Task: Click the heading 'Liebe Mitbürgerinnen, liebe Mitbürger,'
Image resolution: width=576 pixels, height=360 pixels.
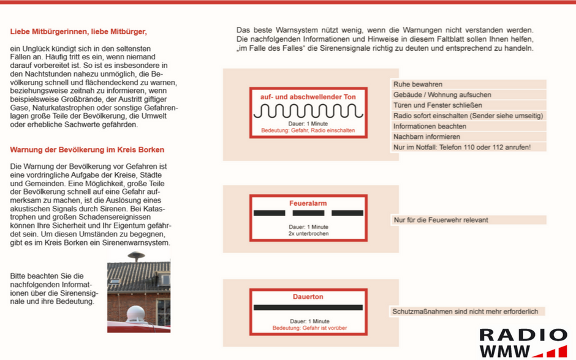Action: [78, 31]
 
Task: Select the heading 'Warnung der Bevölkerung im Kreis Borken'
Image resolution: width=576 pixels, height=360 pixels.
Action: [87, 149]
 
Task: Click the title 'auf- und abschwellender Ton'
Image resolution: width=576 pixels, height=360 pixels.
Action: [308, 97]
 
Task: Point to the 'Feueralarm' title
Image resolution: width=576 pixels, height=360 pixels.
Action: [308, 203]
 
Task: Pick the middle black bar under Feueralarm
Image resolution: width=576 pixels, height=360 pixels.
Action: [308, 213]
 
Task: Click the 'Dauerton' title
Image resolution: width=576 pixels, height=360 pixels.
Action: [308, 296]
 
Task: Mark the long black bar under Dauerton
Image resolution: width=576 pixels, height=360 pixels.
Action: [308, 307]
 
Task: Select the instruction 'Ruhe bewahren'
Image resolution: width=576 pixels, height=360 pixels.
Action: [418, 84]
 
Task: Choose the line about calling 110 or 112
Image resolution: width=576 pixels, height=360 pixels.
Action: [461, 147]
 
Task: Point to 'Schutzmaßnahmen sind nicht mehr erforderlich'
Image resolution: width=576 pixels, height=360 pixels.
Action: [465, 312]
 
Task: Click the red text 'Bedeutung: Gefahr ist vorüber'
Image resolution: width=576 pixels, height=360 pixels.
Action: [309, 328]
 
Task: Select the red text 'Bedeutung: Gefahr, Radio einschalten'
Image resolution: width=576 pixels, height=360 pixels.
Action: [308, 130]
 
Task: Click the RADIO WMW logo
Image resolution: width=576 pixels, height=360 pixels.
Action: [522, 343]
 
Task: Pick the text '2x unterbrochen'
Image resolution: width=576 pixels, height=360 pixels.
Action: [308, 233]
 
